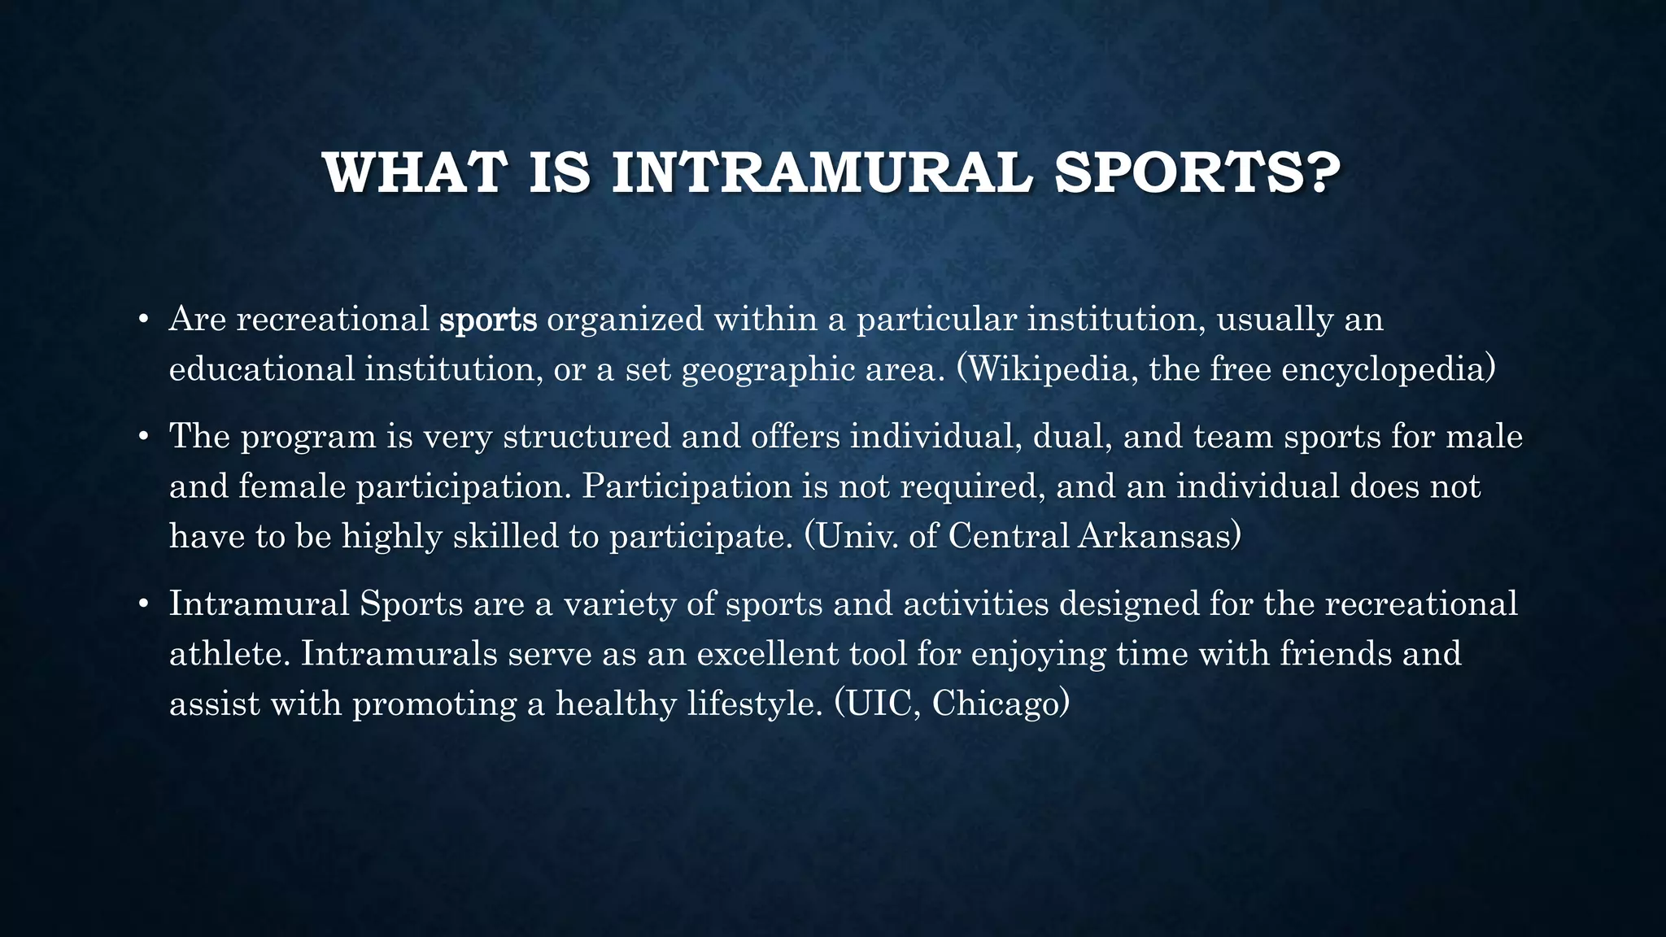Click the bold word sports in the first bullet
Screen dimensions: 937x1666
488,320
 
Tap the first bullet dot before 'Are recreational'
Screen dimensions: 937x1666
142,320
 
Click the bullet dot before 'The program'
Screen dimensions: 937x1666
142,437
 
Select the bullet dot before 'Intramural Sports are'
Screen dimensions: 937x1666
142,604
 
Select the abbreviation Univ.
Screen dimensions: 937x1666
857,536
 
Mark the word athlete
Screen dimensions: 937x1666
229,654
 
